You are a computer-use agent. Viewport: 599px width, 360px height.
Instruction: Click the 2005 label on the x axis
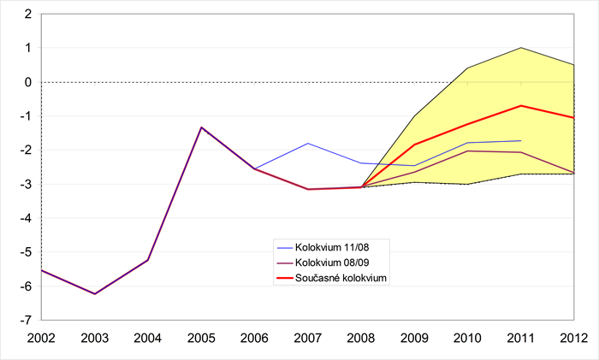[x=201, y=338]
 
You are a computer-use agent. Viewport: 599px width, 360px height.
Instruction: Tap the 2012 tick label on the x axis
[x=574, y=338]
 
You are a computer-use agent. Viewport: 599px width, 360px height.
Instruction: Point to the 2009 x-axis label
[x=414, y=338]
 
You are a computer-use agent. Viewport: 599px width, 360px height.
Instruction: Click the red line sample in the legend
[x=282, y=277]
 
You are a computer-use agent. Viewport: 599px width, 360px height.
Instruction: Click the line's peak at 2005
[x=201, y=127]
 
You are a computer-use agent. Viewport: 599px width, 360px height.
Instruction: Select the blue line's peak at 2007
[x=308, y=144]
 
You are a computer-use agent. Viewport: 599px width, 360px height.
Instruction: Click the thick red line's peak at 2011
[x=521, y=106]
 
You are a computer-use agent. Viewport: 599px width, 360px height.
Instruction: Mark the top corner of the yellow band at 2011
[x=521, y=48]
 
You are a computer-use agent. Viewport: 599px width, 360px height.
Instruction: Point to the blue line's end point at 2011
[x=521, y=140]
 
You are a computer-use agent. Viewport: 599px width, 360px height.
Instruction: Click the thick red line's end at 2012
[x=574, y=118]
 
